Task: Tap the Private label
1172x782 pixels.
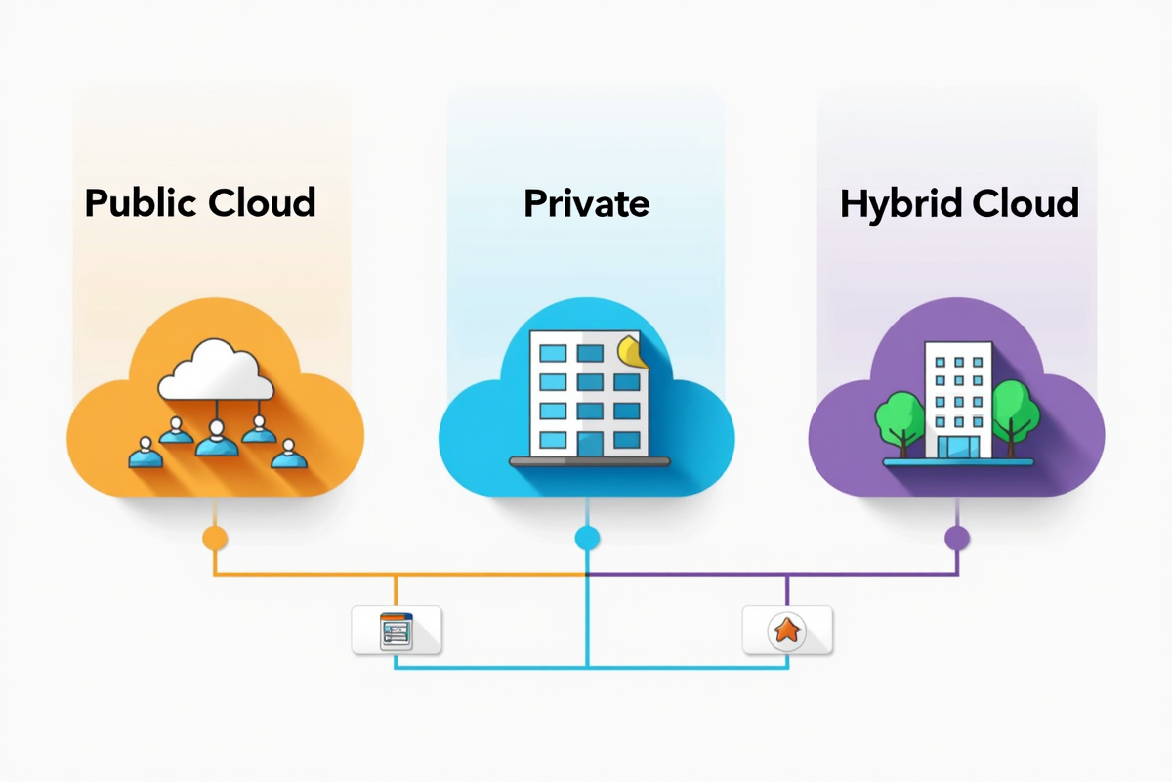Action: click(x=586, y=203)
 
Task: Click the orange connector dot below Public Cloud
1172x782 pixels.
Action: click(x=215, y=537)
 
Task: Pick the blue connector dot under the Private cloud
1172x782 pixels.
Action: click(x=587, y=537)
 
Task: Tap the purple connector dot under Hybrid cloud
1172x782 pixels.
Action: click(x=957, y=537)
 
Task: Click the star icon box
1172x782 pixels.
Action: click(x=786, y=630)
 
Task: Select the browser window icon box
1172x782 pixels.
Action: click(x=397, y=630)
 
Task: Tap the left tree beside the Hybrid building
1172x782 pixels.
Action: click(x=900, y=415)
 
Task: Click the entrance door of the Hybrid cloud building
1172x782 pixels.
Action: click(x=957, y=446)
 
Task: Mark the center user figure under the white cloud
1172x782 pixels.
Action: click(x=216, y=440)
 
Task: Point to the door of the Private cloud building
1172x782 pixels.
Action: click(x=591, y=445)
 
